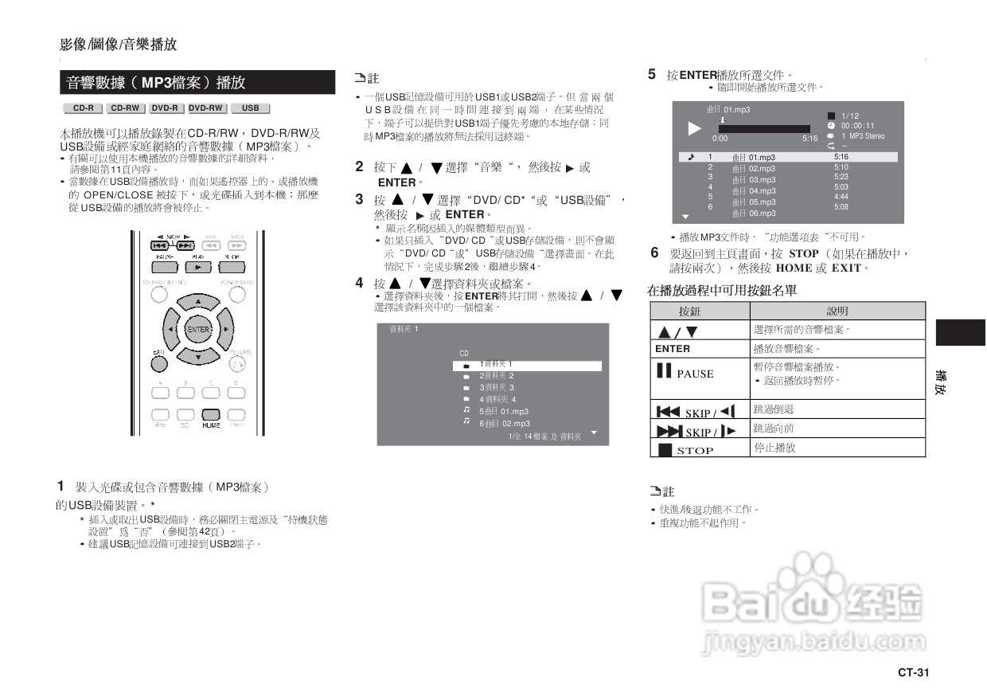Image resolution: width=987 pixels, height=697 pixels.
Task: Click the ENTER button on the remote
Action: (198, 329)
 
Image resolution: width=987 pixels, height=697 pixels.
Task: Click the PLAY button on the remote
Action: (198, 267)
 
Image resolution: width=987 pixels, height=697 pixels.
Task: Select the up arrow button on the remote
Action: (198, 303)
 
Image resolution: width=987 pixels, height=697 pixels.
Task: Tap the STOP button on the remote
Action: (232, 267)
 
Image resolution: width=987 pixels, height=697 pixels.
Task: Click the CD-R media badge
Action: (83, 108)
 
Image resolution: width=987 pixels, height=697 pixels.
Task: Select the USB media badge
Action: (250, 108)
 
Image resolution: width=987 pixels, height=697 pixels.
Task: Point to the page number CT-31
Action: (913, 672)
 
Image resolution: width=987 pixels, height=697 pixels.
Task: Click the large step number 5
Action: (652, 75)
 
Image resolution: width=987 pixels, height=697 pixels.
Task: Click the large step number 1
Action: (60, 486)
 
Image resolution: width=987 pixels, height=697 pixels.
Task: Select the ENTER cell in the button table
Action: (700, 349)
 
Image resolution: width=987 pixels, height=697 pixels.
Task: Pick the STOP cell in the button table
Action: (700, 449)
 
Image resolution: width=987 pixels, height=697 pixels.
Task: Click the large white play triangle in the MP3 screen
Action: (694, 128)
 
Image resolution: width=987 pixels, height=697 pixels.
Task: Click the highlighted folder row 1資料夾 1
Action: (527, 366)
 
